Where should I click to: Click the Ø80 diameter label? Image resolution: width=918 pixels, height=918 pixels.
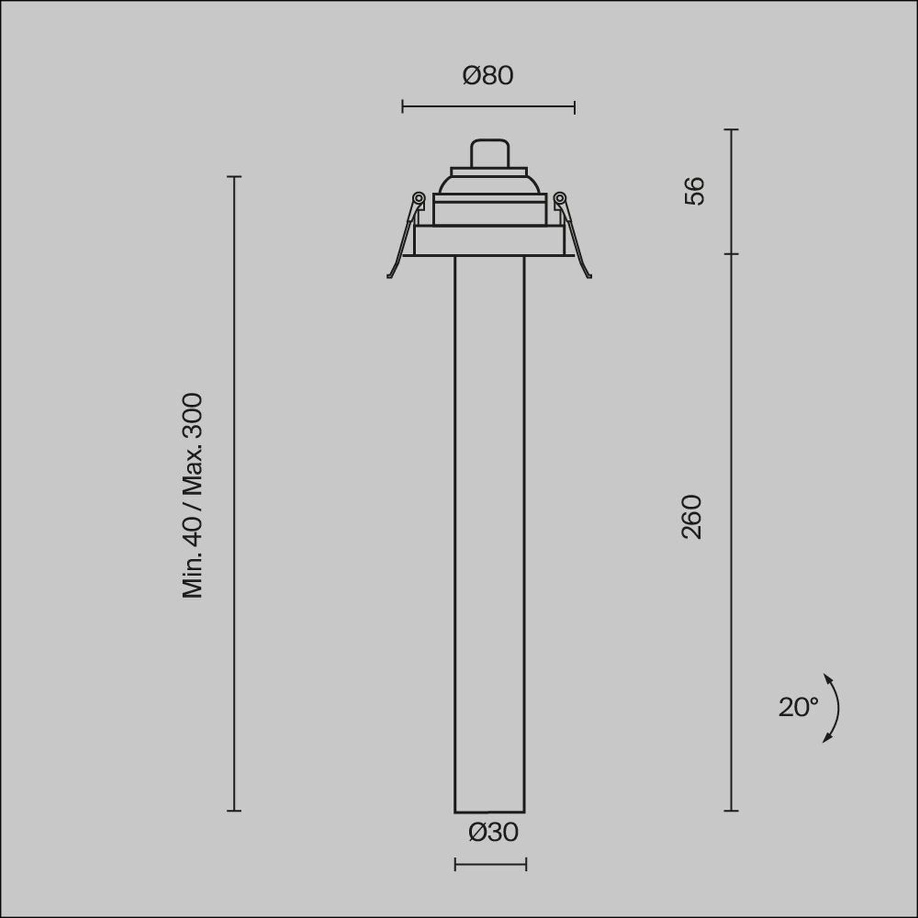point(488,76)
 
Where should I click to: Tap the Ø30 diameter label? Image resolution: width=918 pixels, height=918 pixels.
point(493,832)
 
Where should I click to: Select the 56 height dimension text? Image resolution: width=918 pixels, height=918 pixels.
point(695,190)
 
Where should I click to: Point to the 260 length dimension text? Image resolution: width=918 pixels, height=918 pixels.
point(692,517)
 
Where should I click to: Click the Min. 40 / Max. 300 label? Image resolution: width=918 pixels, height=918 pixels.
point(193,495)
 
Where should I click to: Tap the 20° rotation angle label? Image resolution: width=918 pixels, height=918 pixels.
point(798,707)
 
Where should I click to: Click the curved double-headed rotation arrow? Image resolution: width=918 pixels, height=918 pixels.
point(832,708)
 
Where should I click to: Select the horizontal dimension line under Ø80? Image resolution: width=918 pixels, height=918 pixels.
point(488,107)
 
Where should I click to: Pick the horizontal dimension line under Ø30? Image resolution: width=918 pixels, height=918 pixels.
point(490,865)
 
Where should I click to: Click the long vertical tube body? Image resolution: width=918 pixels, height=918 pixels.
point(489,532)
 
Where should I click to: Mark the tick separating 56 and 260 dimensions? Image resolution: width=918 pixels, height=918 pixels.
point(732,253)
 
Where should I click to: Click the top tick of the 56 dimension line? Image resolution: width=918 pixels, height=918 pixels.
point(732,130)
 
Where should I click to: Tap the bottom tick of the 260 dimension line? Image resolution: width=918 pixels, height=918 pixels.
point(732,811)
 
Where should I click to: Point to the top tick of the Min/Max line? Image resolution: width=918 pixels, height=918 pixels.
point(234,176)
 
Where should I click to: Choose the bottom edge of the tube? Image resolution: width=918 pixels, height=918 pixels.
point(489,812)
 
